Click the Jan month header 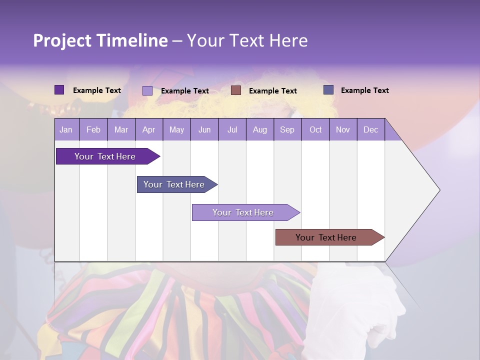66,129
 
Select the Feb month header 93,129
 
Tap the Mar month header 121,129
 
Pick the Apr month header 149,129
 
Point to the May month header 176,129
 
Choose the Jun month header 204,129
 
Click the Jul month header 232,129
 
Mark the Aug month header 260,129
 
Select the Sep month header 287,129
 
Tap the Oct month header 315,129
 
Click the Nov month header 343,129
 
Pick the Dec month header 370,129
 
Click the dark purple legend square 59,90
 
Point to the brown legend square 236,90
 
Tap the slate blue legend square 328,90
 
